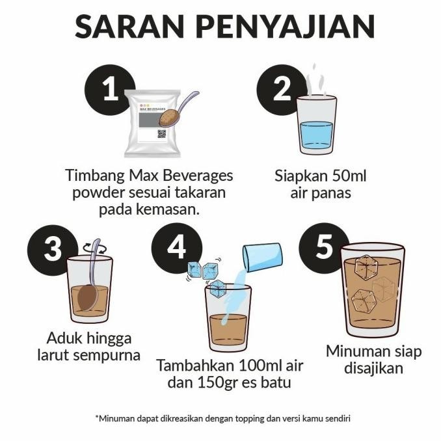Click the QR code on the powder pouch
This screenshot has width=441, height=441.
pos(163,133)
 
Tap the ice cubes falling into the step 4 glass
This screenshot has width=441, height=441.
pos(204,273)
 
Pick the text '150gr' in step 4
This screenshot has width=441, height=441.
pos(214,382)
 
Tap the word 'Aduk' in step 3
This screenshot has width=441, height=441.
pos(66,338)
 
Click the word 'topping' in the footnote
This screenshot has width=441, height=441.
pos(261,418)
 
